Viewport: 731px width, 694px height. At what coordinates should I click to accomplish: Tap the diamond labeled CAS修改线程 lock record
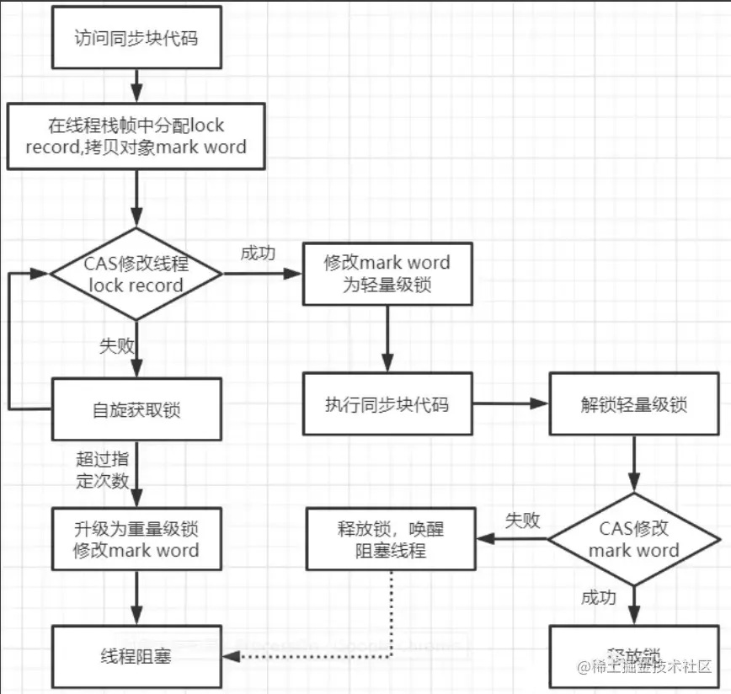click(136, 274)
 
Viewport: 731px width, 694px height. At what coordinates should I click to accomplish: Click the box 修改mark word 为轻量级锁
click(387, 273)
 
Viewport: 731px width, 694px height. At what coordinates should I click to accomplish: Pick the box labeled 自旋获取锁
click(136, 410)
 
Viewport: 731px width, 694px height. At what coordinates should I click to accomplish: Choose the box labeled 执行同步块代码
click(387, 404)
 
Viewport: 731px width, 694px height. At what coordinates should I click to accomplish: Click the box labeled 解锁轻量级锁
click(633, 404)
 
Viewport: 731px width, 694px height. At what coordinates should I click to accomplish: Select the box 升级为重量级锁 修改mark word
click(136, 540)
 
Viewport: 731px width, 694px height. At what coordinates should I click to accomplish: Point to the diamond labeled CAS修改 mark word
click(633, 539)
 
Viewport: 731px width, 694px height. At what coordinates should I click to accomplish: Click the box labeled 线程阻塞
click(136, 655)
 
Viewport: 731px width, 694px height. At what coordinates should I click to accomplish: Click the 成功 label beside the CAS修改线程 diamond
click(258, 254)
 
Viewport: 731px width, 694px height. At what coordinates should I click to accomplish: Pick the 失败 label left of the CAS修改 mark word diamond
click(522, 520)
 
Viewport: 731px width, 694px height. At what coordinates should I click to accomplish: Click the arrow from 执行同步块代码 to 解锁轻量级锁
click(509, 404)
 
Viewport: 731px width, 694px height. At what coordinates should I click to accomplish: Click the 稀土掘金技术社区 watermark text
click(644, 667)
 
